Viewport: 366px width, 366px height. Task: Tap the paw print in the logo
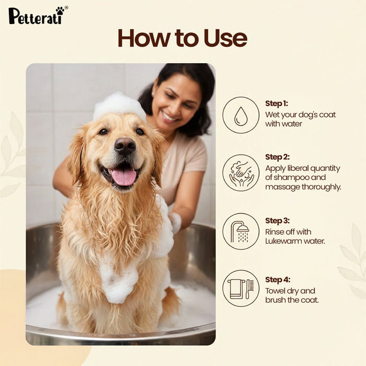(60, 10)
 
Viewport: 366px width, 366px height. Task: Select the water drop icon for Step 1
(241, 115)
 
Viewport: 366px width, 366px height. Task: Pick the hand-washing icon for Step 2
(241, 173)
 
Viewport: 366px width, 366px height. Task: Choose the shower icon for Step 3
(241, 231)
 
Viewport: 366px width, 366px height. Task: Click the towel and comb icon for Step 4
(241, 288)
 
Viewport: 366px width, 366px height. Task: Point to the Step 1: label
(277, 104)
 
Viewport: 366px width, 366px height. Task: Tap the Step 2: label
(277, 157)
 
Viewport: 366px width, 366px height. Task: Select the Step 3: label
(277, 220)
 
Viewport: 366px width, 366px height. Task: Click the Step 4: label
(277, 279)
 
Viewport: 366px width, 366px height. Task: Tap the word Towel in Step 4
(276, 291)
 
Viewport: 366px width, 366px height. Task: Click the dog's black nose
(125, 146)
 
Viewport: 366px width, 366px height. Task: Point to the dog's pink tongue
(123, 176)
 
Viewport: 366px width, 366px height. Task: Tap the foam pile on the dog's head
(119, 106)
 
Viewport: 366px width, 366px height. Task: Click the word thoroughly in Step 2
(319, 187)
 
